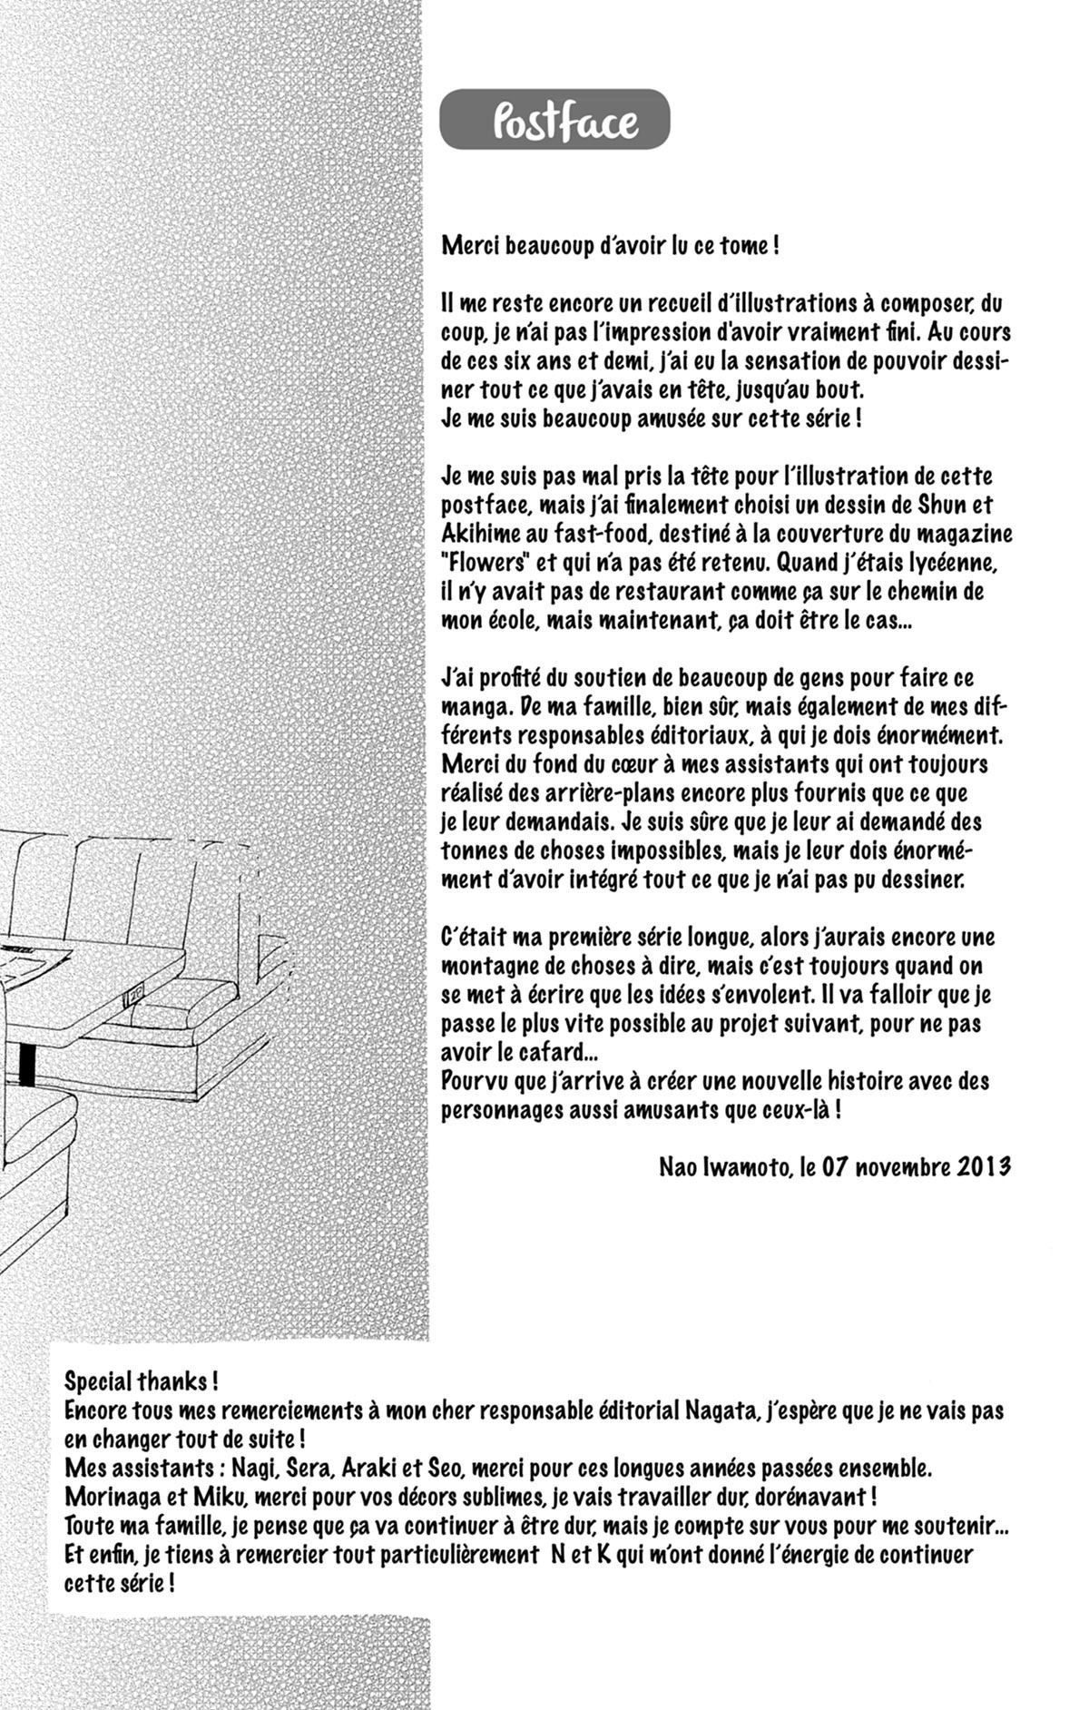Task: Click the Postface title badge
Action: [x=554, y=120]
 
